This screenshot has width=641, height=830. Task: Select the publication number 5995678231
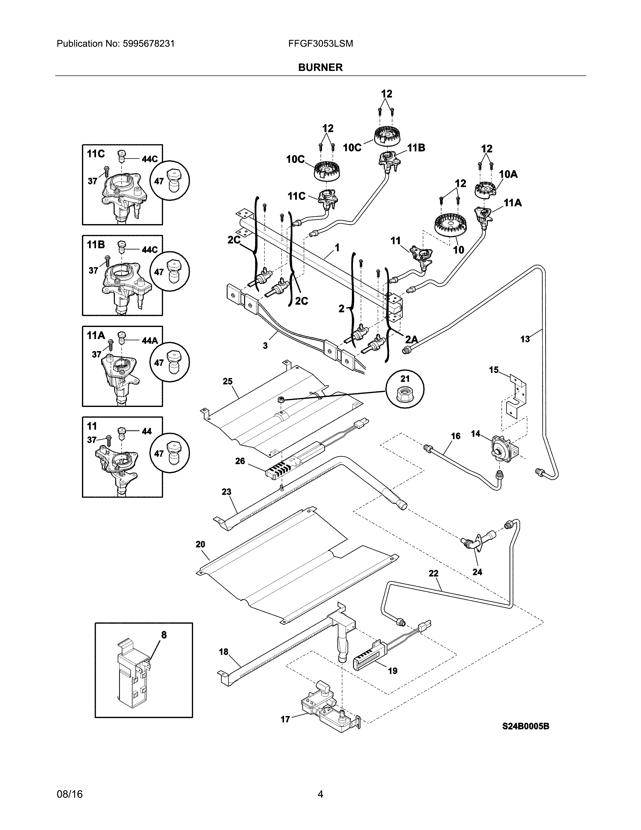click(149, 44)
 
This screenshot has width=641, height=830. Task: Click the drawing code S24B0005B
click(526, 726)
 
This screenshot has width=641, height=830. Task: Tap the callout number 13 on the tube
click(525, 339)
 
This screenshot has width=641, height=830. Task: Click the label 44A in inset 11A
click(150, 341)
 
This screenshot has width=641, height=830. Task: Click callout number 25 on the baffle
click(227, 381)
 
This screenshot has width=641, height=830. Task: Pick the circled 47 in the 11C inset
click(159, 181)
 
